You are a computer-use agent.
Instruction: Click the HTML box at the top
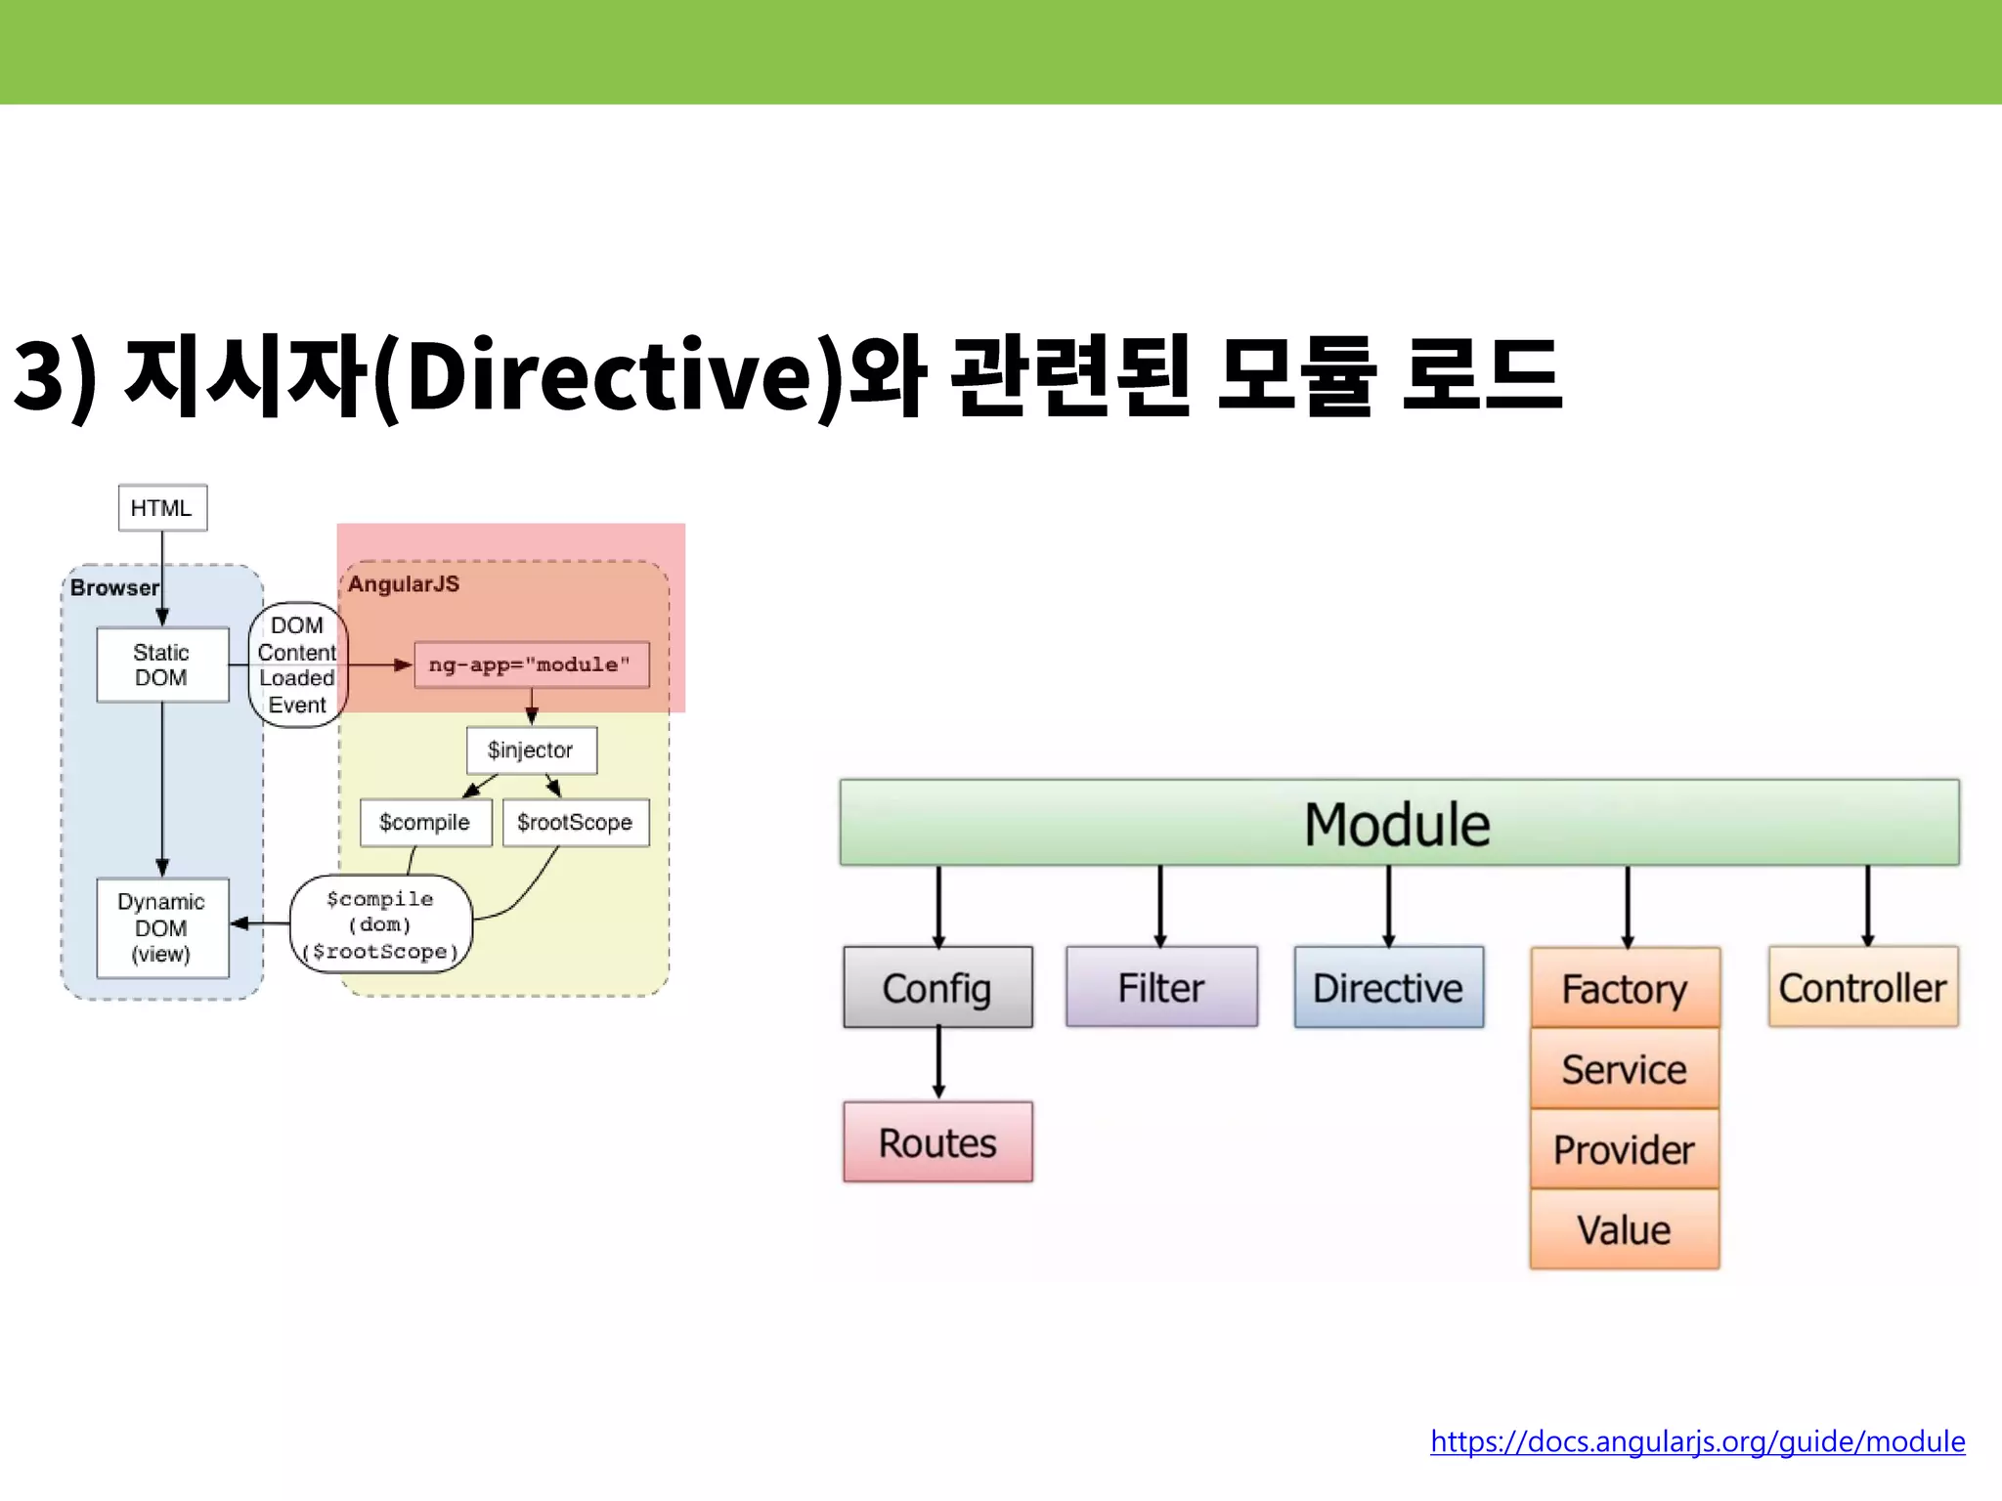[162, 508]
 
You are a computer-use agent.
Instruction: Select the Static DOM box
[162, 665]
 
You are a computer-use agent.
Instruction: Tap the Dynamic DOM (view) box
[162, 927]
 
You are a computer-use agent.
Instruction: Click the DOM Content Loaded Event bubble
[297, 665]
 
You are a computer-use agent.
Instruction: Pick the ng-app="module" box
[531, 665]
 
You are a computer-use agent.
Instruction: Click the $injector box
[531, 750]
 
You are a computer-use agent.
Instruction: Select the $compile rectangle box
[425, 823]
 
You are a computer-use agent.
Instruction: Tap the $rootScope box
[576, 823]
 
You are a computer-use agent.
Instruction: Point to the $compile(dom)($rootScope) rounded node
[381, 924]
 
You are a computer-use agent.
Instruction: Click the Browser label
[114, 587]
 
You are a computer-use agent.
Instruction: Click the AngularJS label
[404, 584]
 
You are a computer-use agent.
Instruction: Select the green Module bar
[1398, 823]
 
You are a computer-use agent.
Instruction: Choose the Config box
[937, 987]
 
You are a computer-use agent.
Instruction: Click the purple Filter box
[1161, 987]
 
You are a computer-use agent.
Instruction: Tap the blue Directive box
[1388, 987]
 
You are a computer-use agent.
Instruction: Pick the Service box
[1624, 1069]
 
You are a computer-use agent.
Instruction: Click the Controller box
[1862, 987]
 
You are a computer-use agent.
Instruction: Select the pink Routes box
[937, 1142]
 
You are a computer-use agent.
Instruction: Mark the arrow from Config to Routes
[938, 1063]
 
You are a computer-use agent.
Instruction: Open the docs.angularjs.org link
[1697, 1441]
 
